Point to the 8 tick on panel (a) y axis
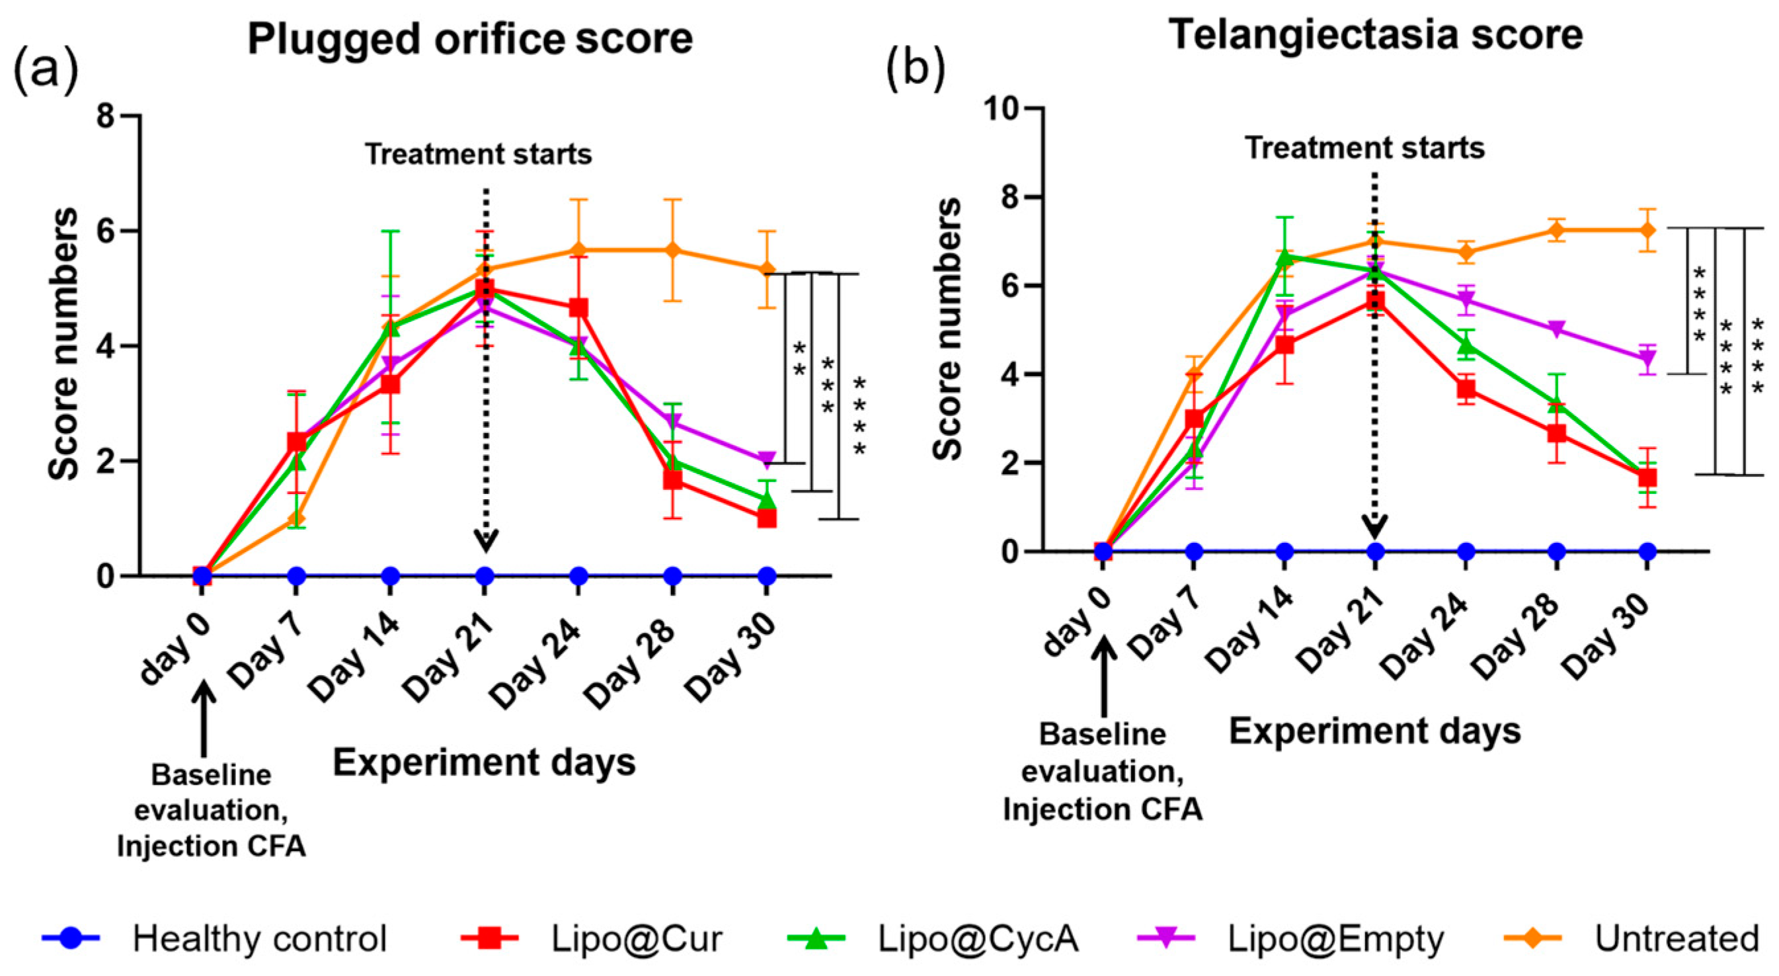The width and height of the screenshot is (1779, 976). [x=106, y=115]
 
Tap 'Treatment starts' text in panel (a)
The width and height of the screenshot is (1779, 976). [x=478, y=154]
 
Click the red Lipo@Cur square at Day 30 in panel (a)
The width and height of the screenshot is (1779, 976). [x=767, y=518]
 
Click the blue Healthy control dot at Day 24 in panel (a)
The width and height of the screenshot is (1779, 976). [x=578, y=575]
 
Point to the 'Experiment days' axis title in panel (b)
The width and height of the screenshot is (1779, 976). [x=1375, y=731]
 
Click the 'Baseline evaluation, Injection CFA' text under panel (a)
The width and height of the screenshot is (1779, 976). [x=212, y=810]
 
